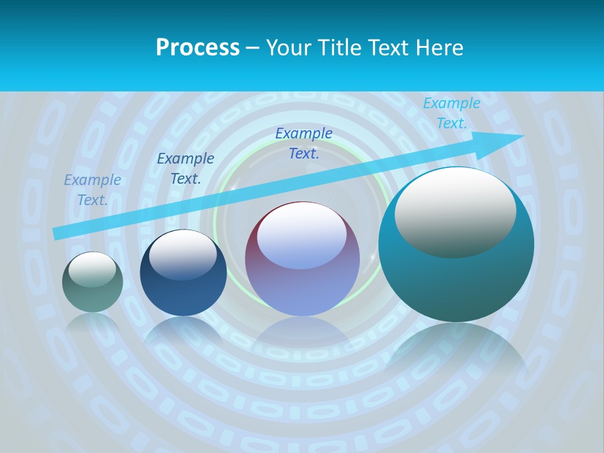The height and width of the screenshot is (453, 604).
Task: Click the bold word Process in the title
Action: click(198, 48)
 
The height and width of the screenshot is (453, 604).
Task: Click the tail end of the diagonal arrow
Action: click(57, 233)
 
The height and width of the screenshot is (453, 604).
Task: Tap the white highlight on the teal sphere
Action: click(455, 212)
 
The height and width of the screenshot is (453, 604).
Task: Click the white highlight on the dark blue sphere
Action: click(182, 255)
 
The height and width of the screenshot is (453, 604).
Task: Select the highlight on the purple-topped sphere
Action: click(301, 236)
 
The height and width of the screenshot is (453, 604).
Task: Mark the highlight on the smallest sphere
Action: click(92, 270)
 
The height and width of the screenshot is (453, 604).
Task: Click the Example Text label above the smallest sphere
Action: click(92, 189)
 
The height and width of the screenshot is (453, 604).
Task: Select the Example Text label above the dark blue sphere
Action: click(186, 168)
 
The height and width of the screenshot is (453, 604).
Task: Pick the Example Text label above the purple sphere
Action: click(304, 143)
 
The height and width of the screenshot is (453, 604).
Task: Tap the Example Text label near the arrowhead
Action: click(451, 113)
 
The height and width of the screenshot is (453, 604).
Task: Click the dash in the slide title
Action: click(252, 48)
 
